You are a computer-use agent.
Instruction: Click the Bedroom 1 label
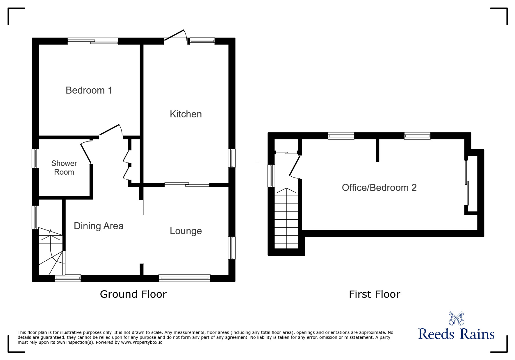89,90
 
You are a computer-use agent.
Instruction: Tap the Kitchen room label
186,114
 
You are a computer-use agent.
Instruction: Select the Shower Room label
64,168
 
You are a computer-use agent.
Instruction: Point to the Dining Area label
99,226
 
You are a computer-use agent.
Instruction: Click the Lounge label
186,231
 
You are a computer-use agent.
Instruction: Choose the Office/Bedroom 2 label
379,188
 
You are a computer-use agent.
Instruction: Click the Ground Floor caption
133,294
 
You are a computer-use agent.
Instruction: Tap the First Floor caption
375,294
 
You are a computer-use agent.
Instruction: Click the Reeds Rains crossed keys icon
456,318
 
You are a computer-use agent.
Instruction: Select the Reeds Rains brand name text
456,334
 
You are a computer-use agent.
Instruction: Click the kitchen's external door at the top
175,36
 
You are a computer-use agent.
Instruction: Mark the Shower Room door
86,152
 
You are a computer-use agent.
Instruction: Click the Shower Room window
35,158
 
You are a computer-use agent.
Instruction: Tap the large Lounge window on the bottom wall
185,278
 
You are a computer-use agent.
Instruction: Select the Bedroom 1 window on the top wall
93,41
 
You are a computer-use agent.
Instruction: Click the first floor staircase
287,218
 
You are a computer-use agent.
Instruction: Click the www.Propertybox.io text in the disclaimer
142,342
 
